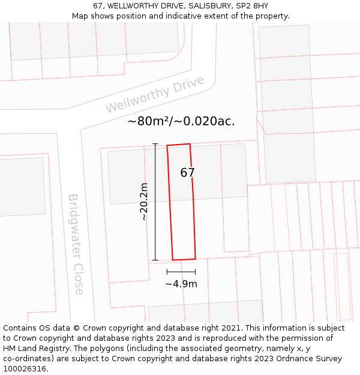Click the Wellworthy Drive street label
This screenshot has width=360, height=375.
tap(155, 94)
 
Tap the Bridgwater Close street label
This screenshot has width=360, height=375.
tap(76, 244)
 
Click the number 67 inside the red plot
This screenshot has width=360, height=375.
tap(188, 173)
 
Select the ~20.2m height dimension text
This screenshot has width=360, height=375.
tap(144, 202)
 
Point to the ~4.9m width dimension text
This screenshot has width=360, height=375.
tap(181, 284)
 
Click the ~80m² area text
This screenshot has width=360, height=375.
tap(149, 121)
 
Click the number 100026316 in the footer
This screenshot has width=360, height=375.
tap(23, 368)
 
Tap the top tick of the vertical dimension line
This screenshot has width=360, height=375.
tap(155, 144)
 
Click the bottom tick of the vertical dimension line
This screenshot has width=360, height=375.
tap(155, 260)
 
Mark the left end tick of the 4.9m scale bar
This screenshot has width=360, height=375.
tap(167, 272)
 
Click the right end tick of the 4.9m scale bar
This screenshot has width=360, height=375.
tap(195, 272)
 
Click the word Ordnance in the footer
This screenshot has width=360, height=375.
tap(304, 359)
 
